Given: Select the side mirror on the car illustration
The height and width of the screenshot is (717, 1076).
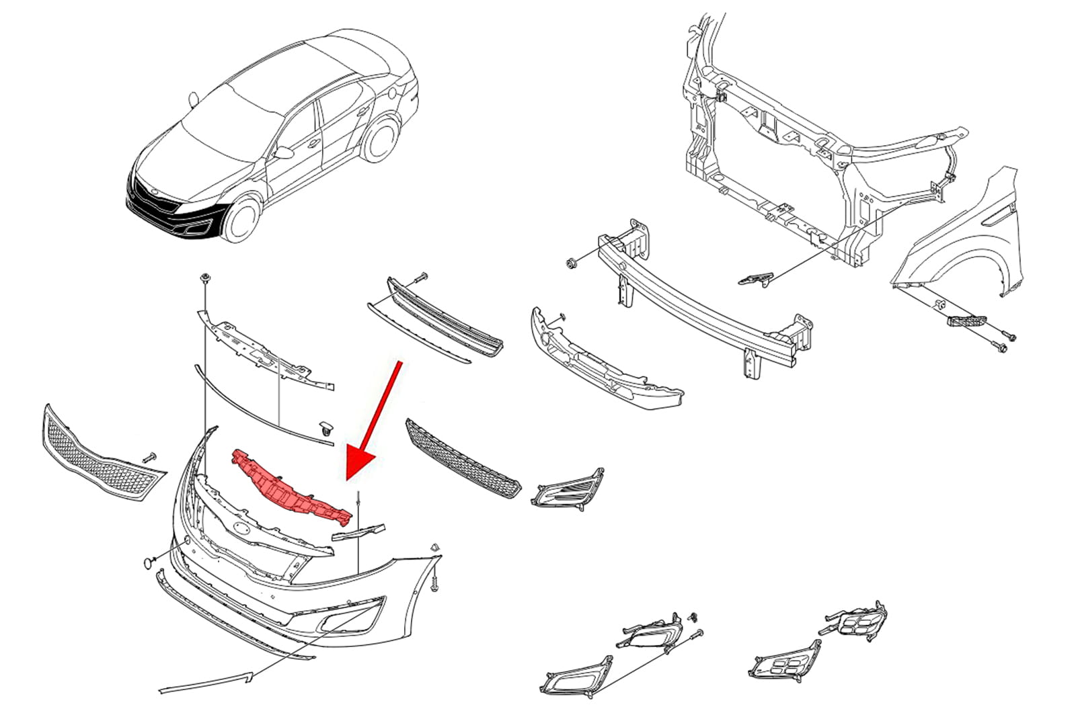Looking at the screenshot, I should coord(284,153).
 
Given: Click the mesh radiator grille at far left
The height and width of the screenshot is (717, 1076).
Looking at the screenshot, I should coord(101,454).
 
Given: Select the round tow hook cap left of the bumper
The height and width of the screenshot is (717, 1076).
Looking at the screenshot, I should coord(147,562).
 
